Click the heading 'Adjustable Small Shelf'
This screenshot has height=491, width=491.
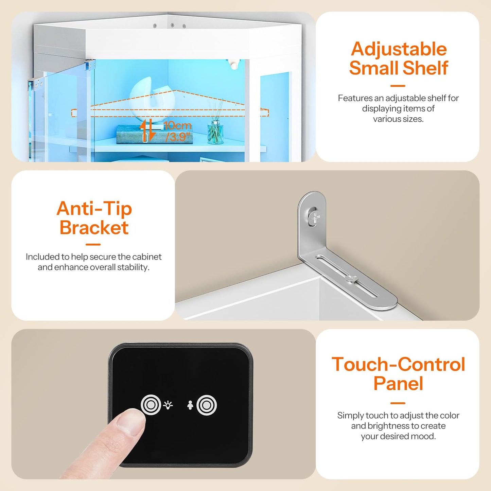point(398,58)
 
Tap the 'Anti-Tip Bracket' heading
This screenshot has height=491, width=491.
point(94,218)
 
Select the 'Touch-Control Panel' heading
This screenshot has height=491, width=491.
point(398,374)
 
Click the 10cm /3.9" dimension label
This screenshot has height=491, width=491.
point(177,131)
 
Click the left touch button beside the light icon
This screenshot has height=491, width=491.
point(151,405)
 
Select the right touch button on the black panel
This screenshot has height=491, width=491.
point(207,405)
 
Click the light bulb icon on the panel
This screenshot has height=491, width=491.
point(168,405)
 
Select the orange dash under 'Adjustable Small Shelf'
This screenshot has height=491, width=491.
point(398,86)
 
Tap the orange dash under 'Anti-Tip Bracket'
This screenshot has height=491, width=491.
point(93,244)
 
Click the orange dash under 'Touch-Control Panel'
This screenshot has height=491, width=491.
point(398,403)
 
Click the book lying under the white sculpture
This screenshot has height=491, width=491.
point(129,135)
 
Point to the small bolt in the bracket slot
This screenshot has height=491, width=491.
point(351,279)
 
